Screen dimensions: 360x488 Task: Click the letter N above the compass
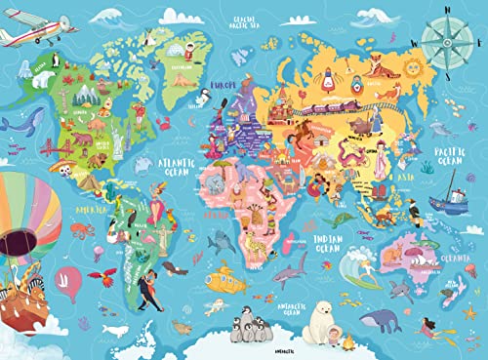(x=449, y=10)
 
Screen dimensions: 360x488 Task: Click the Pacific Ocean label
(x=448, y=158)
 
